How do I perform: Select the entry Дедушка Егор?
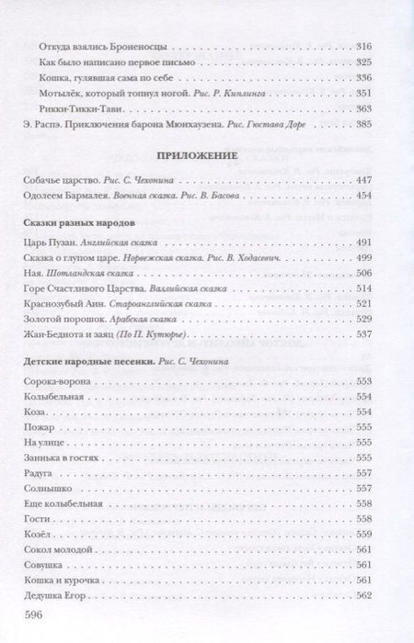coord(51,596)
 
